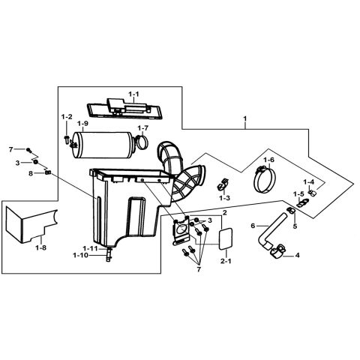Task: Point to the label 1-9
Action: click(82, 124)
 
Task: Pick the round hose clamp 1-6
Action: click(266, 178)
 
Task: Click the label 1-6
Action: click(268, 160)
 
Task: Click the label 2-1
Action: click(225, 262)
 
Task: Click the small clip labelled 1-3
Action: click(223, 183)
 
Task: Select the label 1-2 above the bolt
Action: click(67, 117)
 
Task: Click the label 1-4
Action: click(308, 182)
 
